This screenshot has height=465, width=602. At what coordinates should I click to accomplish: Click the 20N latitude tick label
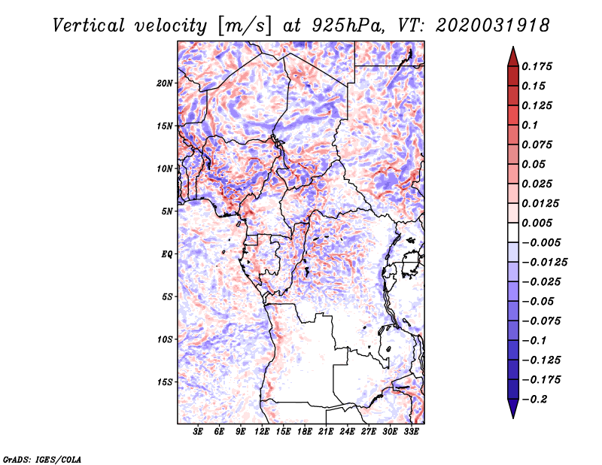pos(165,83)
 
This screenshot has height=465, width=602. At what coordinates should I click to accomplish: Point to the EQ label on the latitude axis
pos(166,254)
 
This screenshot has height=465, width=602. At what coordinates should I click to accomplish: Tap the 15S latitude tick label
pos(165,382)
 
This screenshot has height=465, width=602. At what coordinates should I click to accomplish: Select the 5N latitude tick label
pos(167,211)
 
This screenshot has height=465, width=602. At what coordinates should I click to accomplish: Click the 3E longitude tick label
pos(198,431)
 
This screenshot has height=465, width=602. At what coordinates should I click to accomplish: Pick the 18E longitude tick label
pos(305,431)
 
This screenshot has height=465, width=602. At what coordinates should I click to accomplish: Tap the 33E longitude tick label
pos(411,431)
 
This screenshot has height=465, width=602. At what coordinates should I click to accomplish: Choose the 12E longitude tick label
pos(262,431)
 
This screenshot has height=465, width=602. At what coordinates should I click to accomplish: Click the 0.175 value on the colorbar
pos(537,66)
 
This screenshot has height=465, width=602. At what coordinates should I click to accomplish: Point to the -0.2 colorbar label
pos(534,400)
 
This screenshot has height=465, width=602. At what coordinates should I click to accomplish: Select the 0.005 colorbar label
pos(537,223)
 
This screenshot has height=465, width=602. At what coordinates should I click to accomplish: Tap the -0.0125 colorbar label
pos(544,263)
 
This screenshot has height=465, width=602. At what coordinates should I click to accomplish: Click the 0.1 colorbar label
pos(530,125)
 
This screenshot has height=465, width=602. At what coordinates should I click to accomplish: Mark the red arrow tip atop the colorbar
pos(513,47)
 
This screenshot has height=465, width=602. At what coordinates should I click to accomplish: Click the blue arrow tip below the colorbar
pos(513,418)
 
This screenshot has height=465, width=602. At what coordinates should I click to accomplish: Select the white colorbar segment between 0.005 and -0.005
pos(513,232)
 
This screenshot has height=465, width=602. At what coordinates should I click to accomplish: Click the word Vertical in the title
pos(89,26)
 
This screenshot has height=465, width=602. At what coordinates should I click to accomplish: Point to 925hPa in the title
pos(348,26)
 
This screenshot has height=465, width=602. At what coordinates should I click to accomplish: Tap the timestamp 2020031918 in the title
pos(493,26)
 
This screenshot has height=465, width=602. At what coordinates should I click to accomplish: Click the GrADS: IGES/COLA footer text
pos(42,460)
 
